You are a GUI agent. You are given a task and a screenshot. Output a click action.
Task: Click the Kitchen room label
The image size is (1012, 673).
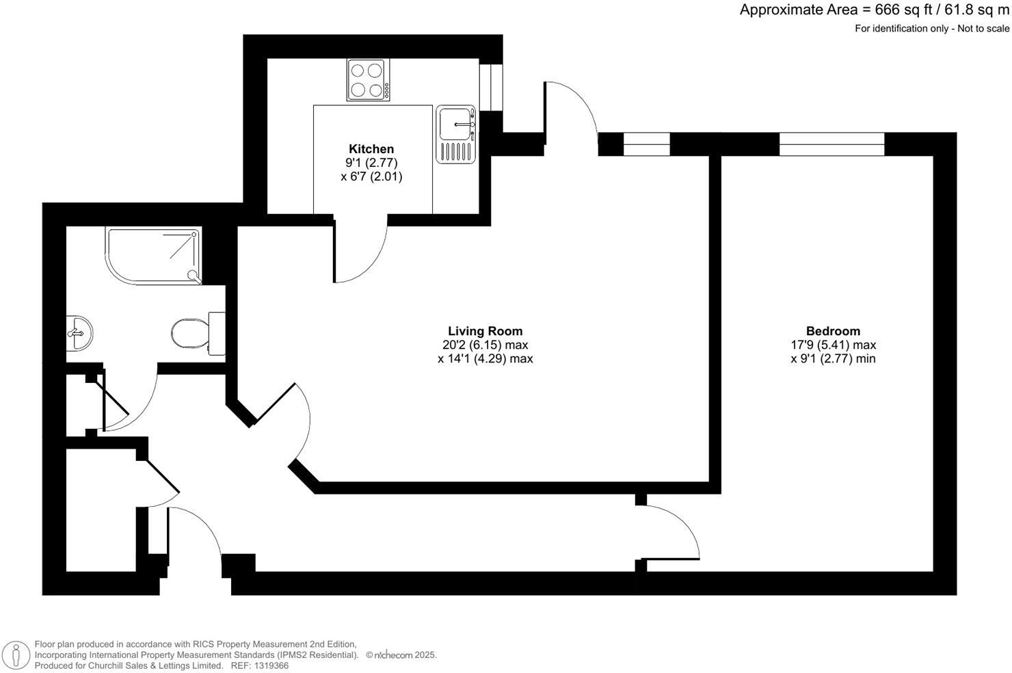click(x=371, y=149)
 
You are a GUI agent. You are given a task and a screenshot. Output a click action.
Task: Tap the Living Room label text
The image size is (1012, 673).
click(x=485, y=332)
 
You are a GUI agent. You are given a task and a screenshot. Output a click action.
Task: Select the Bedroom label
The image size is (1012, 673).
click(x=833, y=332)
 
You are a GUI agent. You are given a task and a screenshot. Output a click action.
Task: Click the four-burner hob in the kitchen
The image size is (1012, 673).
click(x=368, y=80)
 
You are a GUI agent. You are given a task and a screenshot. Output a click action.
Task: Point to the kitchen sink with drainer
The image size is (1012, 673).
click(x=456, y=135)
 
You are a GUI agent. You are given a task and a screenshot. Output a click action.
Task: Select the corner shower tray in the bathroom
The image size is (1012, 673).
click(x=155, y=254)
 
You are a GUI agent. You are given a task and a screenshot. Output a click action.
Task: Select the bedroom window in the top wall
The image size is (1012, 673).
click(x=831, y=144)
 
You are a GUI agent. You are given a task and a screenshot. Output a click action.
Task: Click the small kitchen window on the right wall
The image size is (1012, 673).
click(x=490, y=87)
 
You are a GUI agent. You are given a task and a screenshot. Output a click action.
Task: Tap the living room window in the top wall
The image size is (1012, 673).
click(x=646, y=144)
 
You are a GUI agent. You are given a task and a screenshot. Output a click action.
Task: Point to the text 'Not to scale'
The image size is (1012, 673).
click(x=983, y=29)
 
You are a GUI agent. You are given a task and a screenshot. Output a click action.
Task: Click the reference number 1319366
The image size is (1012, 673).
click(x=270, y=665)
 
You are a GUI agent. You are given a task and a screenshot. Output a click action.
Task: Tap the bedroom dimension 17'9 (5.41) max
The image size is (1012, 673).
click(x=833, y=345)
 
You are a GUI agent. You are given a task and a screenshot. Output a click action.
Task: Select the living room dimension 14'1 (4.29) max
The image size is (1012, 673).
click(x=485, y=358)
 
